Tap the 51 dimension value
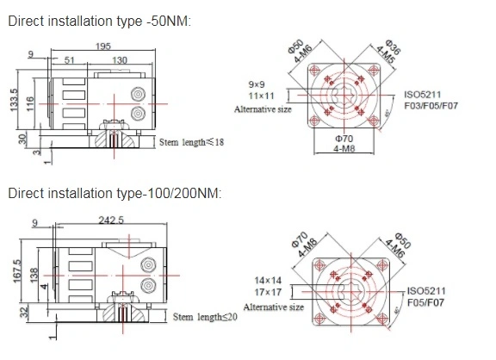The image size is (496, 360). point(70,60)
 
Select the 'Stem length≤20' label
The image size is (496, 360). point(203,317)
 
